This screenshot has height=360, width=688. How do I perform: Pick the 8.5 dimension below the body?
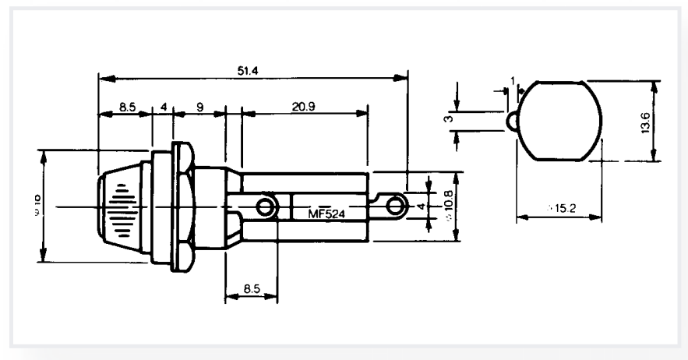251,288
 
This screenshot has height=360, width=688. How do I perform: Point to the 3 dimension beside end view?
448,119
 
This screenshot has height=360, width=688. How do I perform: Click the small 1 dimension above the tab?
512,80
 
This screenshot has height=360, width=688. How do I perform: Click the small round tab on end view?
513,120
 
